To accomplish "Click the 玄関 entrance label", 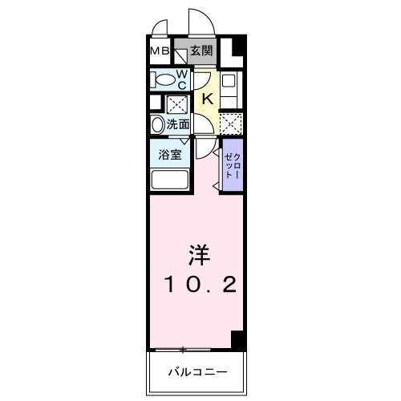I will click(x=200, y=52).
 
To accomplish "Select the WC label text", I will click(x=182, y=78).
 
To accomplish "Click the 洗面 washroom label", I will click(x=178, y=124).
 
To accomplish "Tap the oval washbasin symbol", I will click(x=156, y=125).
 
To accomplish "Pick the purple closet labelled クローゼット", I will click(x=230, y=164).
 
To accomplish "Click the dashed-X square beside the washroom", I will click(x=175, y=104).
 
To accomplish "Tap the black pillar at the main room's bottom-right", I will click(x=237, y=338).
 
